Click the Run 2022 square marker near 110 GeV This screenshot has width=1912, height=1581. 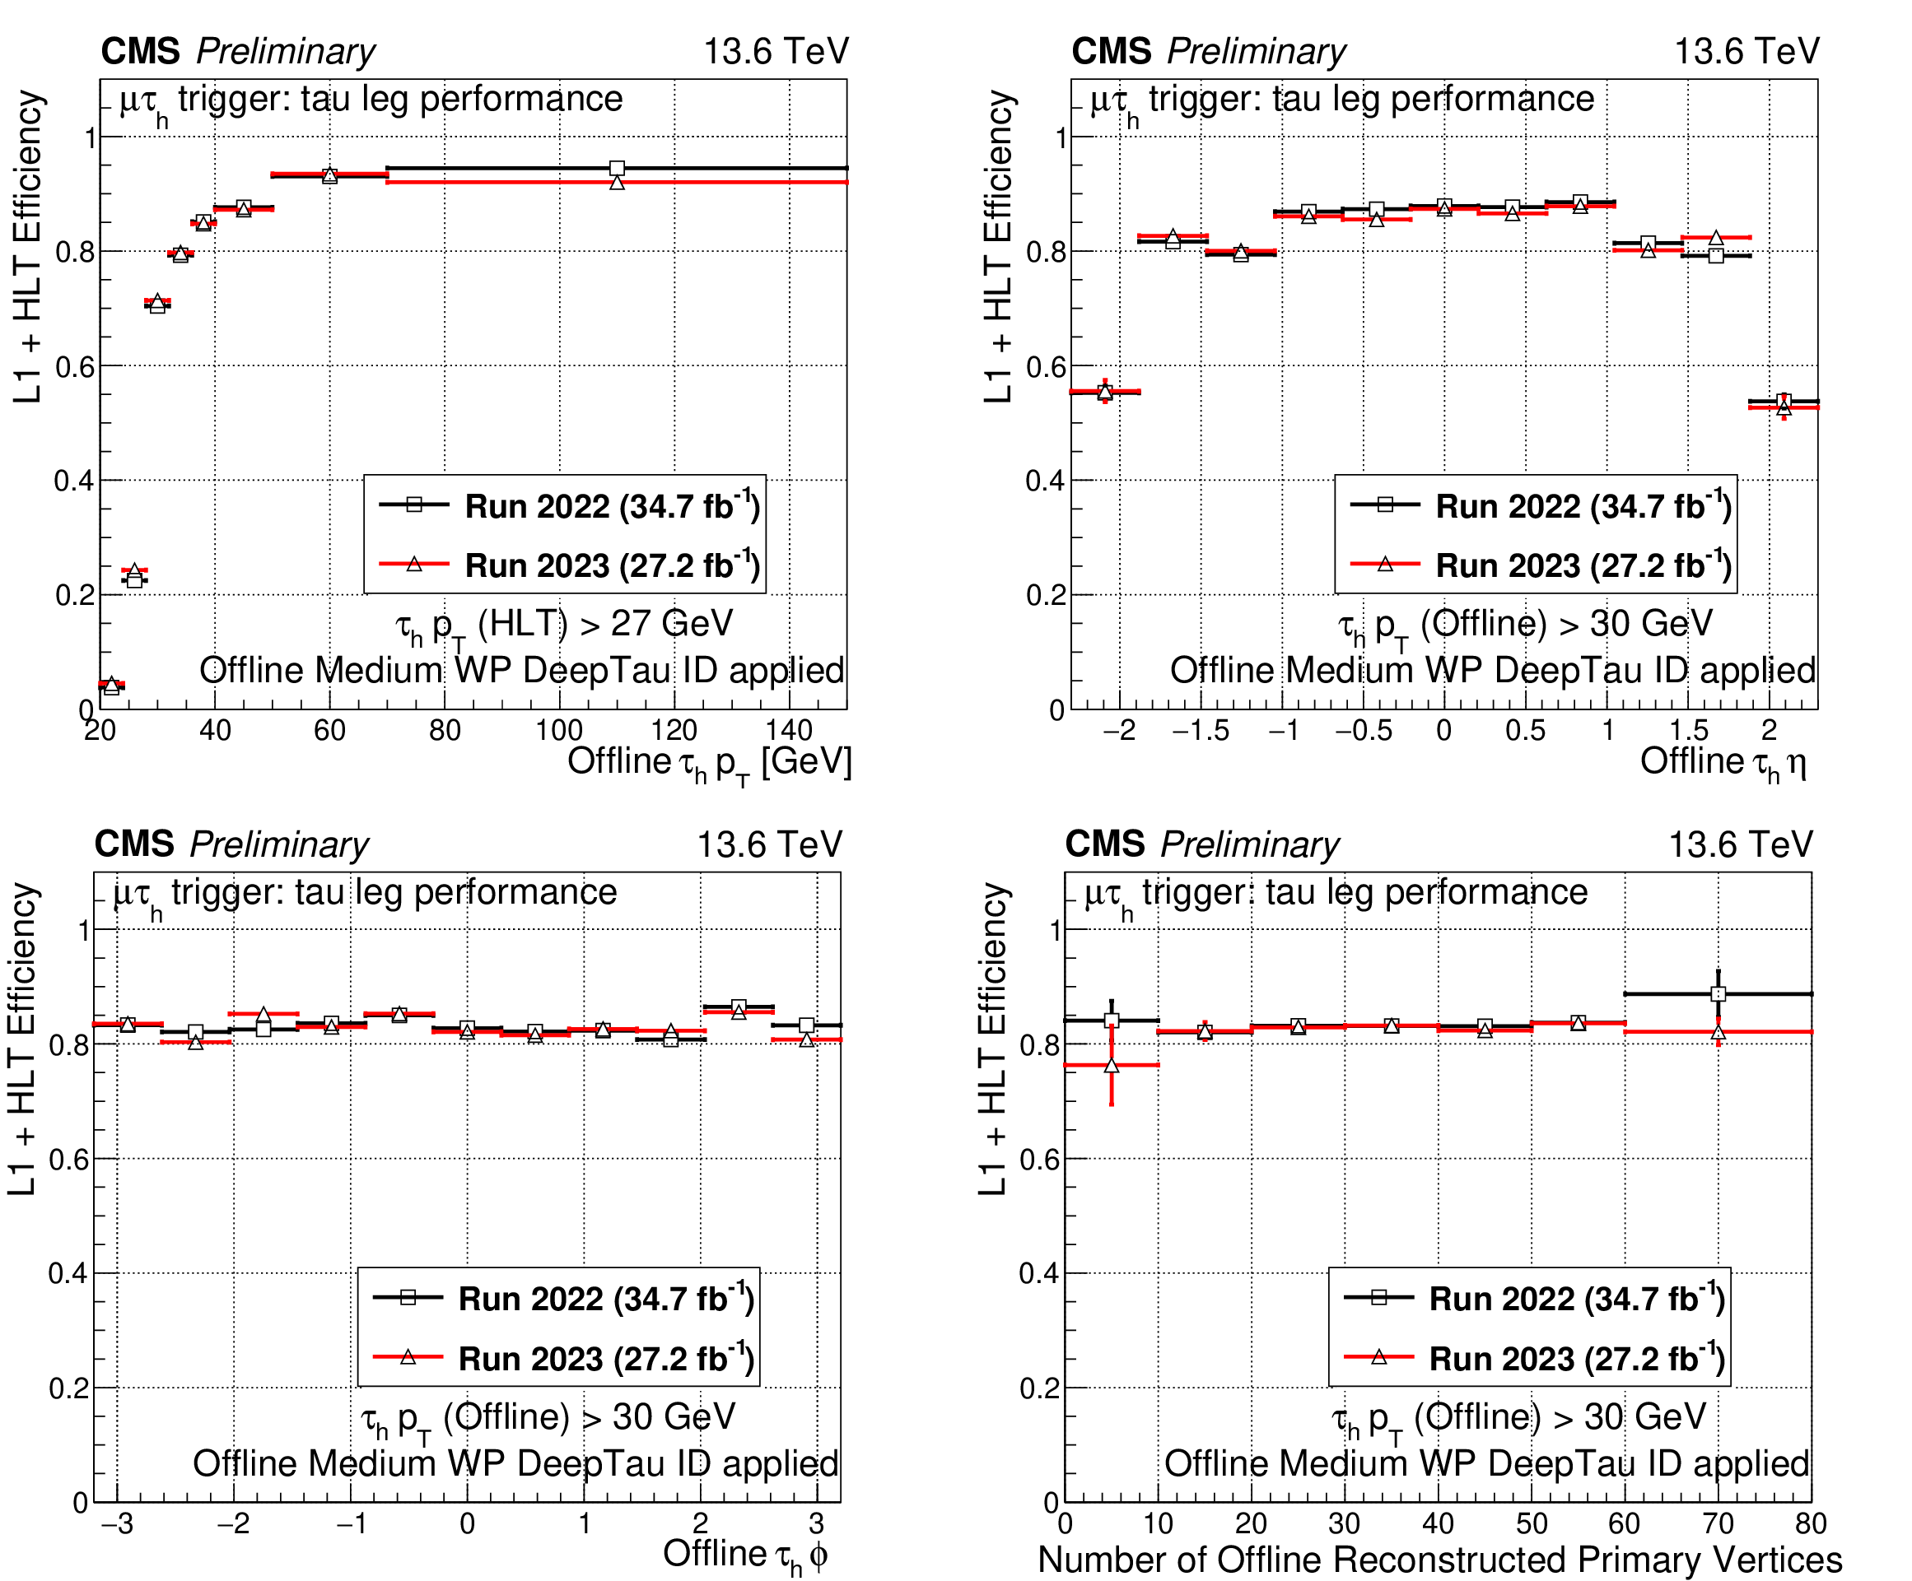(618, 167)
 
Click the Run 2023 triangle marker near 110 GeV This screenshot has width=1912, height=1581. (618, 183)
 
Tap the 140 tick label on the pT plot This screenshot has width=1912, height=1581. (789, 731)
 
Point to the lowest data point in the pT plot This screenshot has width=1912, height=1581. (111, 686)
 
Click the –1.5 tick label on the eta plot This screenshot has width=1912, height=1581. (1200, 731)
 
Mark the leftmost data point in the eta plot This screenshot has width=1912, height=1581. (1104, 393)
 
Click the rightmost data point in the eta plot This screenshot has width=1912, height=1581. (1784, 404)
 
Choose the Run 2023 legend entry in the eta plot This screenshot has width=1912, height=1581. (1539, 565)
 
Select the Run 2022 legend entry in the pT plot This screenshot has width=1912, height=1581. (568, 505)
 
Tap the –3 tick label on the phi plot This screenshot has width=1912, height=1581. (117, 1523)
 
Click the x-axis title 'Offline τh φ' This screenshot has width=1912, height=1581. (744, 1555)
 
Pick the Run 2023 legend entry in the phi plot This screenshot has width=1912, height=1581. (562, 1358)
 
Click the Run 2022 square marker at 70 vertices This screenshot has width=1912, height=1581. (1718, 994)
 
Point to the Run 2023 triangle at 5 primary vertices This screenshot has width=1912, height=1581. (1111, 1065)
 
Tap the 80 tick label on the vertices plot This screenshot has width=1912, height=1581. (1810, 1523)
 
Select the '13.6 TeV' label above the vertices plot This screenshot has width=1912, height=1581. (1740, 844)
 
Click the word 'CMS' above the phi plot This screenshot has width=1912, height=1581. (134, 844)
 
